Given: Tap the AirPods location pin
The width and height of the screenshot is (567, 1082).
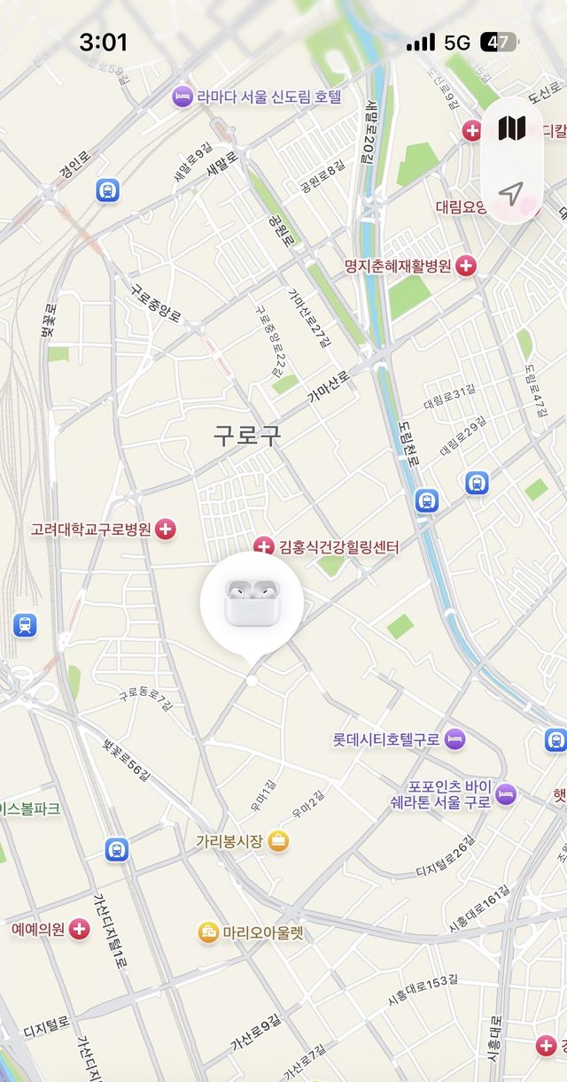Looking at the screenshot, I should click(252, 602).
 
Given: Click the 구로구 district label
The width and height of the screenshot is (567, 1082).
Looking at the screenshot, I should click(247, 435).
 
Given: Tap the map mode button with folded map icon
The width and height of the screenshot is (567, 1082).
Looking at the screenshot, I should click(511, 128).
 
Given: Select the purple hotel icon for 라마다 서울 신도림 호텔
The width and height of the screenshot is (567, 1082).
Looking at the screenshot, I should click(183, 97).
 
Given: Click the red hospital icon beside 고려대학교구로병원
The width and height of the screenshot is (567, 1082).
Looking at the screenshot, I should click(166, 529).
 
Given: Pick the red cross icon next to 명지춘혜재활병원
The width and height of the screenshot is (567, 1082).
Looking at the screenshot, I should click(466, 266).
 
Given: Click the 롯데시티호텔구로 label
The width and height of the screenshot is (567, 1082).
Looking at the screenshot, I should click(385, 738).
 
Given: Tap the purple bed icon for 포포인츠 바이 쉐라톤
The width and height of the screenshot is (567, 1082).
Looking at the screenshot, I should click(505, 793).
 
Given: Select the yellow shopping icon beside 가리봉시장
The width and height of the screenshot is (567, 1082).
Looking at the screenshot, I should click(278, 841).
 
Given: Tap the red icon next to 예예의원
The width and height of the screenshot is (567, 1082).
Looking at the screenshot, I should click(80, 930).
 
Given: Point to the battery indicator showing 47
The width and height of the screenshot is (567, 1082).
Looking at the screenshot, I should click(498, 42).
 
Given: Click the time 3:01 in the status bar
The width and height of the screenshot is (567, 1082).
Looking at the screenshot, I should click(104, 42).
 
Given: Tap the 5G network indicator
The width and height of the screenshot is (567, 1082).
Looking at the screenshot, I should click(457, 42).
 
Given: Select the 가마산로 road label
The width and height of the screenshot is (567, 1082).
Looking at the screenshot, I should click(329, 388).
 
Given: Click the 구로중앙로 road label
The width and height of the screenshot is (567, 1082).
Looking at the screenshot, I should click(156, 303).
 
